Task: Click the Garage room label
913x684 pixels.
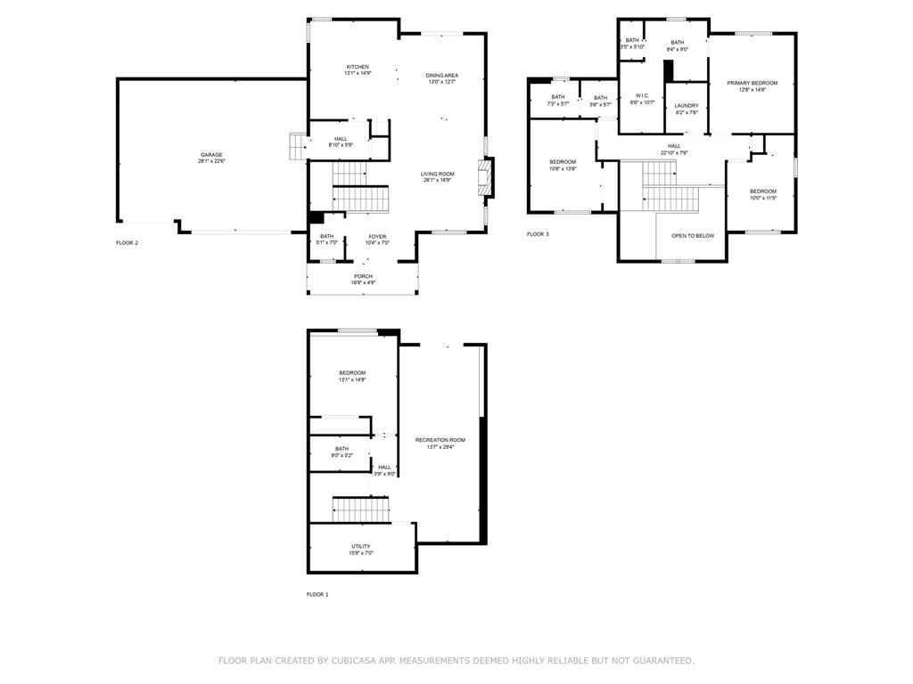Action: pos(211,155)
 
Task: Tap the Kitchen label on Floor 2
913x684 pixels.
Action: pos(358,67)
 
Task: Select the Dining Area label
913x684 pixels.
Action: pos(441,76)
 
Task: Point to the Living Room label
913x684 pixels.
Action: pos(438,174)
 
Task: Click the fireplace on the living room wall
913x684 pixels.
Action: pos(485,176)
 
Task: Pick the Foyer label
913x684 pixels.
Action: pos(378,236)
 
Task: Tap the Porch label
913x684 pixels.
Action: pos(363,276)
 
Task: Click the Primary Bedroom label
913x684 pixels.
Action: pos(752,83)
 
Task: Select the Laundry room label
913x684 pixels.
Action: pos(687,105)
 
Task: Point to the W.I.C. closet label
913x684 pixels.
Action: pos(642,95)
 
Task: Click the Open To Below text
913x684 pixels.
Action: pos(693,236)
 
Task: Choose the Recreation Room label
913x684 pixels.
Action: pos(440,440)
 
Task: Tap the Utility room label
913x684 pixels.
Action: pos(360,546)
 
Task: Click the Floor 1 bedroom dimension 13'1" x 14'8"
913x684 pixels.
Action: pos(352,379)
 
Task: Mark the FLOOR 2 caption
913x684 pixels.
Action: pos(127,242)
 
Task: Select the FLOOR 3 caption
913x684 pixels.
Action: pos(538,234)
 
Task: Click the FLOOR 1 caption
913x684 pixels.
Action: pos(317,594)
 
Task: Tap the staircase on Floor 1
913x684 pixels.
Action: pos(362,510)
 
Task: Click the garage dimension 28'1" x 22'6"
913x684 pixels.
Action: pos(211,161)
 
